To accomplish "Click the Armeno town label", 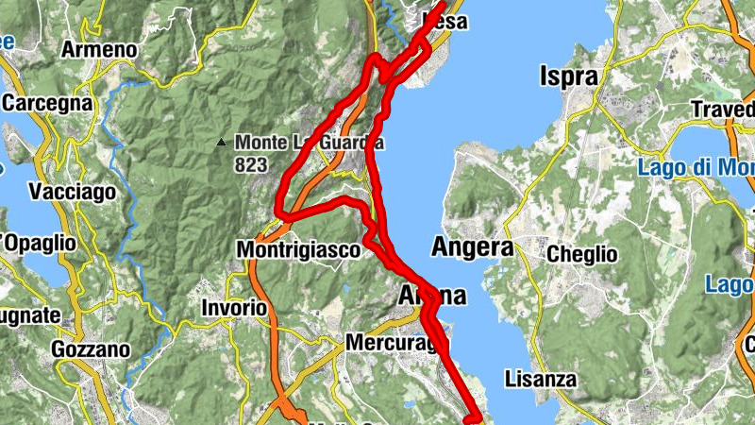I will tap(99, 49).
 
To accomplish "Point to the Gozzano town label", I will tap(91, 349).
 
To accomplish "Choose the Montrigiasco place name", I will tap(298, 250).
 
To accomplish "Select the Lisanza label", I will tap(540, 379).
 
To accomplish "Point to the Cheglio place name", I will tap(582, 254).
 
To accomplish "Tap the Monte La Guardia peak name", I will tap(310, 143).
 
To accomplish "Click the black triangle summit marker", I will tap(222, 144).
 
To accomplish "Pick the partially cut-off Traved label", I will tap(723, 110).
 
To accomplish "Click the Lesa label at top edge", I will tap(445, 19).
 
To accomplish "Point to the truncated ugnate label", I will tap(30, 315).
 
